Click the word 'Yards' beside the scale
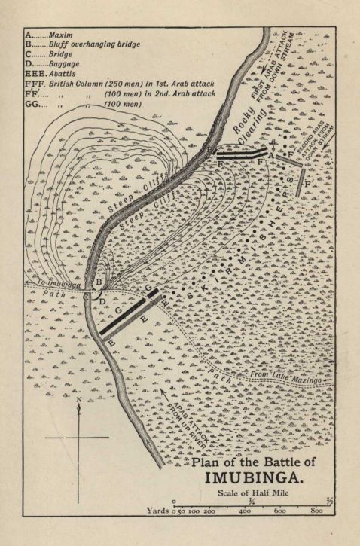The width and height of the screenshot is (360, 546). pyautogui.click(x=158, y=510)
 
